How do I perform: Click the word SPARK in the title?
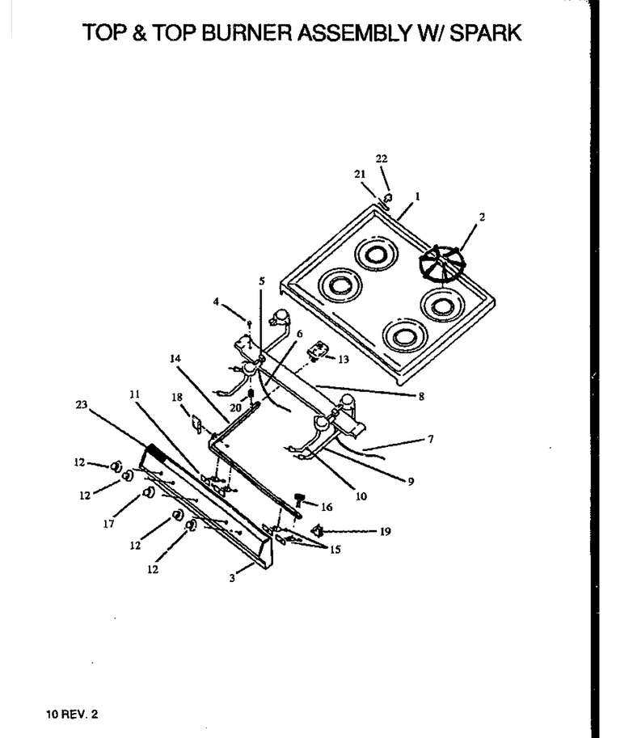click(485, 33)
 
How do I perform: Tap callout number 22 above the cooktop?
click(382, 158)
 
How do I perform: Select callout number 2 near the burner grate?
click(482, 217)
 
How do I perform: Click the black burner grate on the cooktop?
click(441, 264)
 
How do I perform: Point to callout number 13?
click(344, 359)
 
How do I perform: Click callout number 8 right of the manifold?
click(421, 396)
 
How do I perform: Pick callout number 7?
click(431, 439)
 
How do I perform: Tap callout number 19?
click(385, 531)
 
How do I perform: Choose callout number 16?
click(327, 507)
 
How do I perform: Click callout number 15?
click(335, 550)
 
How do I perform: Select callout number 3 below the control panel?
click(232, 578)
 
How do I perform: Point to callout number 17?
click(108, 523)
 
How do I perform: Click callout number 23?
click(82, 404)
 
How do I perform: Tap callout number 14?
click(175, 359)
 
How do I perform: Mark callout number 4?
click(216, 302)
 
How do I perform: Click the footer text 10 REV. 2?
click(72, 714)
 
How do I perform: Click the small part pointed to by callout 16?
click(298, 500)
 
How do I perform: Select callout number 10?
click(361, 496)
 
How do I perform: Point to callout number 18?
click(177, 397)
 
